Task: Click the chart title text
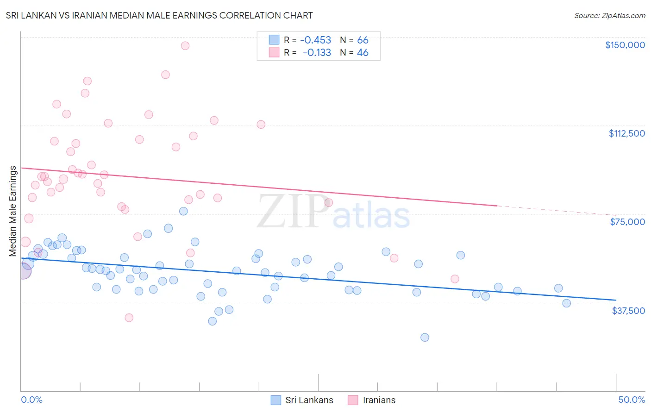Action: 159,15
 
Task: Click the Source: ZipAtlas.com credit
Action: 609,16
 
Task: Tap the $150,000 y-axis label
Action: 625,45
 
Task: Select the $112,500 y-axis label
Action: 626,133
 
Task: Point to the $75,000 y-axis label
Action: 627,222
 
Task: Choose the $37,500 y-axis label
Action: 628,311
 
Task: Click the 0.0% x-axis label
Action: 31,400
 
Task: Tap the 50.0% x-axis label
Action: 631,400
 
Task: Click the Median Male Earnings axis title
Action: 13,211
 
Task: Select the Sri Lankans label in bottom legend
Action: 309,400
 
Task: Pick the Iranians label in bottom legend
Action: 379,400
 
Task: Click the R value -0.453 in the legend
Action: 315,40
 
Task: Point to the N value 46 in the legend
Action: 363,53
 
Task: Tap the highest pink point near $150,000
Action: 185,45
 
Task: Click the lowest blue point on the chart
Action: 425,337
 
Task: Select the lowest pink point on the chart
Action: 129,318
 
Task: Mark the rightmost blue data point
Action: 566,303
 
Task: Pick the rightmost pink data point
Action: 455,279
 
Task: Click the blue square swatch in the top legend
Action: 274,40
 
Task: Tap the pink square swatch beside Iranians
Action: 353,400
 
